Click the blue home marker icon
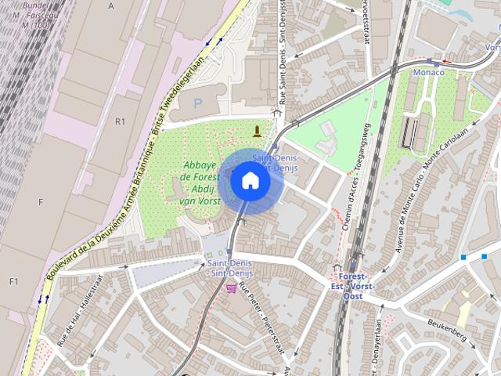pos(250,181)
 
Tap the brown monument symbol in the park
pos(257,130)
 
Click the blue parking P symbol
pos(197,103)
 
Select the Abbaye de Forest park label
pos(200,183)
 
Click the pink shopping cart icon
pos(231,288)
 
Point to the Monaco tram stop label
pos(429,73)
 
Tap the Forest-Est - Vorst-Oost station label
pos(354,286)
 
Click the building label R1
pos(120,121)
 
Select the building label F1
pos(13,281)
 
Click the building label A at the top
pos(111,5)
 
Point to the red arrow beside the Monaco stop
pos(446,60)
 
